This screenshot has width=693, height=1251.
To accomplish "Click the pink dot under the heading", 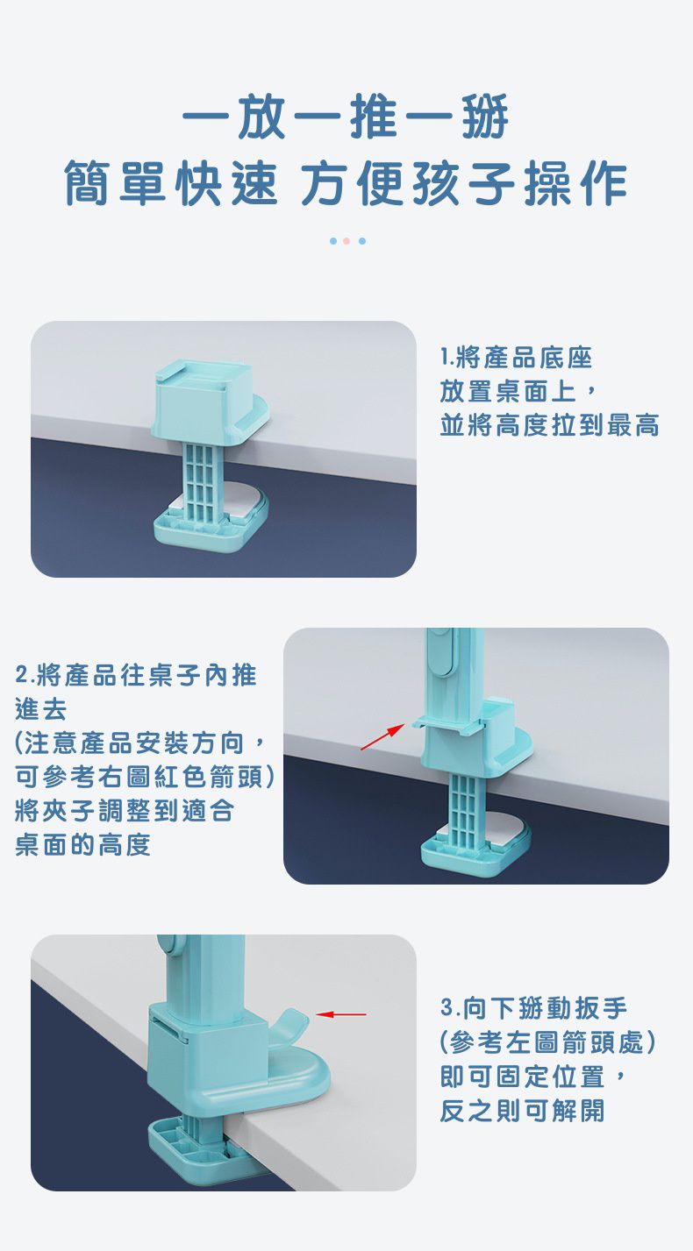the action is click(346, 241).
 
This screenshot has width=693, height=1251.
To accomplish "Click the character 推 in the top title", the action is click(374, 117).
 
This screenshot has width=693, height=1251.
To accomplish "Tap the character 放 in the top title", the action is click(261, 117).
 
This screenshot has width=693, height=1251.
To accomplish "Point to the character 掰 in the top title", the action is click(484, 117).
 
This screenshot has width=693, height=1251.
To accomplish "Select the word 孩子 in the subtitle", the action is click(463, 184).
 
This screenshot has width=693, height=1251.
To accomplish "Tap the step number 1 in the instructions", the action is click(444, 358).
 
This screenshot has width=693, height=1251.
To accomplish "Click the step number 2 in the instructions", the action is click(22, 675).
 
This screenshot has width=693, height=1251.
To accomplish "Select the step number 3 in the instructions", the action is click(447, 1008).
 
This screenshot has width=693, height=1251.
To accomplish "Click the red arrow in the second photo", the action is click(382, 736).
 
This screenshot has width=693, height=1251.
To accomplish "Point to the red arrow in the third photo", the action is click(341, 1014).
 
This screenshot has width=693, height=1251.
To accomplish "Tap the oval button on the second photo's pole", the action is click(441, 653).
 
